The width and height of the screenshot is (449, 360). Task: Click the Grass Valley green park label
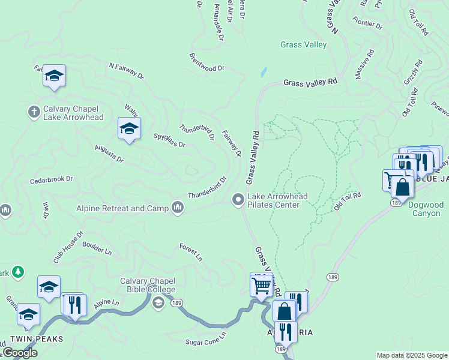click(303, 44)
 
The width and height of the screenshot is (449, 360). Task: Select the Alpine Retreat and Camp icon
click(177, 208)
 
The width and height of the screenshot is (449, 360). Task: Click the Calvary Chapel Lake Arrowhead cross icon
click(34, 112)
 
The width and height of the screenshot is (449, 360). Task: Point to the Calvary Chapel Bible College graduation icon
click(158, 302)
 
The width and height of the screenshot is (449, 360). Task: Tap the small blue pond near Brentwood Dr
click(263, 73)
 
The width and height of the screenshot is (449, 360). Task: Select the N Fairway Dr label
click(126, 71)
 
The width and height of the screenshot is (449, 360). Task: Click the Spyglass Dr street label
click(169, 140)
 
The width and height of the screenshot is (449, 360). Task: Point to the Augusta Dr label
click(109, 154)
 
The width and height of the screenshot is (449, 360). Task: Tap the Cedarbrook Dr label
click(51, 179)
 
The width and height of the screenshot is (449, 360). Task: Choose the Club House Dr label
click(68, 248)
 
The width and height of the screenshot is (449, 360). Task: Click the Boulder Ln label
click(97, 248)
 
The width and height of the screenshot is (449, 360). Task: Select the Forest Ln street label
click(191, 252)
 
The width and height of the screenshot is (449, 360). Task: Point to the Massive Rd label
click(364, 64)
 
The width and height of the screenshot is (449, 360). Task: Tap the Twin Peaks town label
click(41, 339)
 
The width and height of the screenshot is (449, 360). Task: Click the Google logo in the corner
click(20, 353)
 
